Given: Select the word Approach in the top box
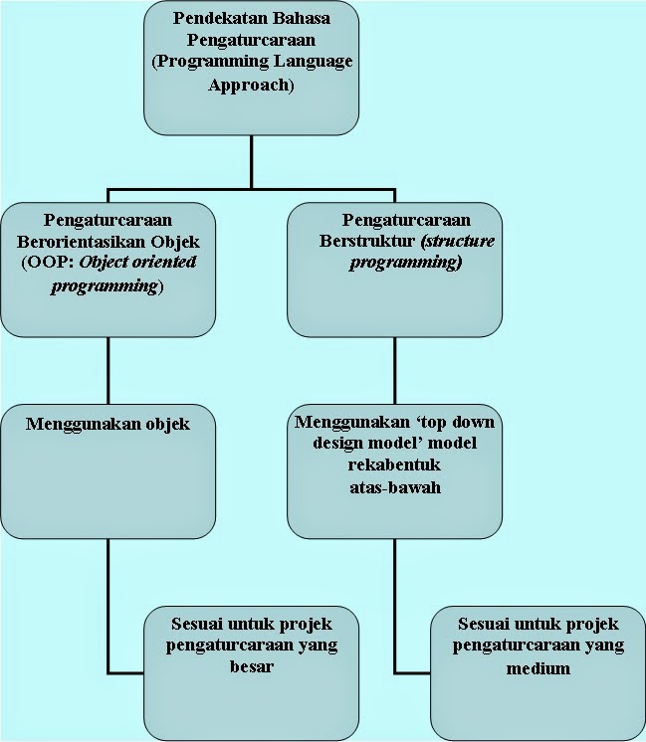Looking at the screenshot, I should [x=252, y=87].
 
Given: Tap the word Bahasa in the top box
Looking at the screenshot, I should [x=301, y=19].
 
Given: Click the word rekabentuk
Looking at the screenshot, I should [x=394, y=464].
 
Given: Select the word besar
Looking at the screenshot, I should [x=250, y=667].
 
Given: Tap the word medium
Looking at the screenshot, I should [x=538, y=667].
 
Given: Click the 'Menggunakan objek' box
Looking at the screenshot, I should [x=108, y=467].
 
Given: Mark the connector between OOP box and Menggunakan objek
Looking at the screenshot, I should [x=108, y=367].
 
